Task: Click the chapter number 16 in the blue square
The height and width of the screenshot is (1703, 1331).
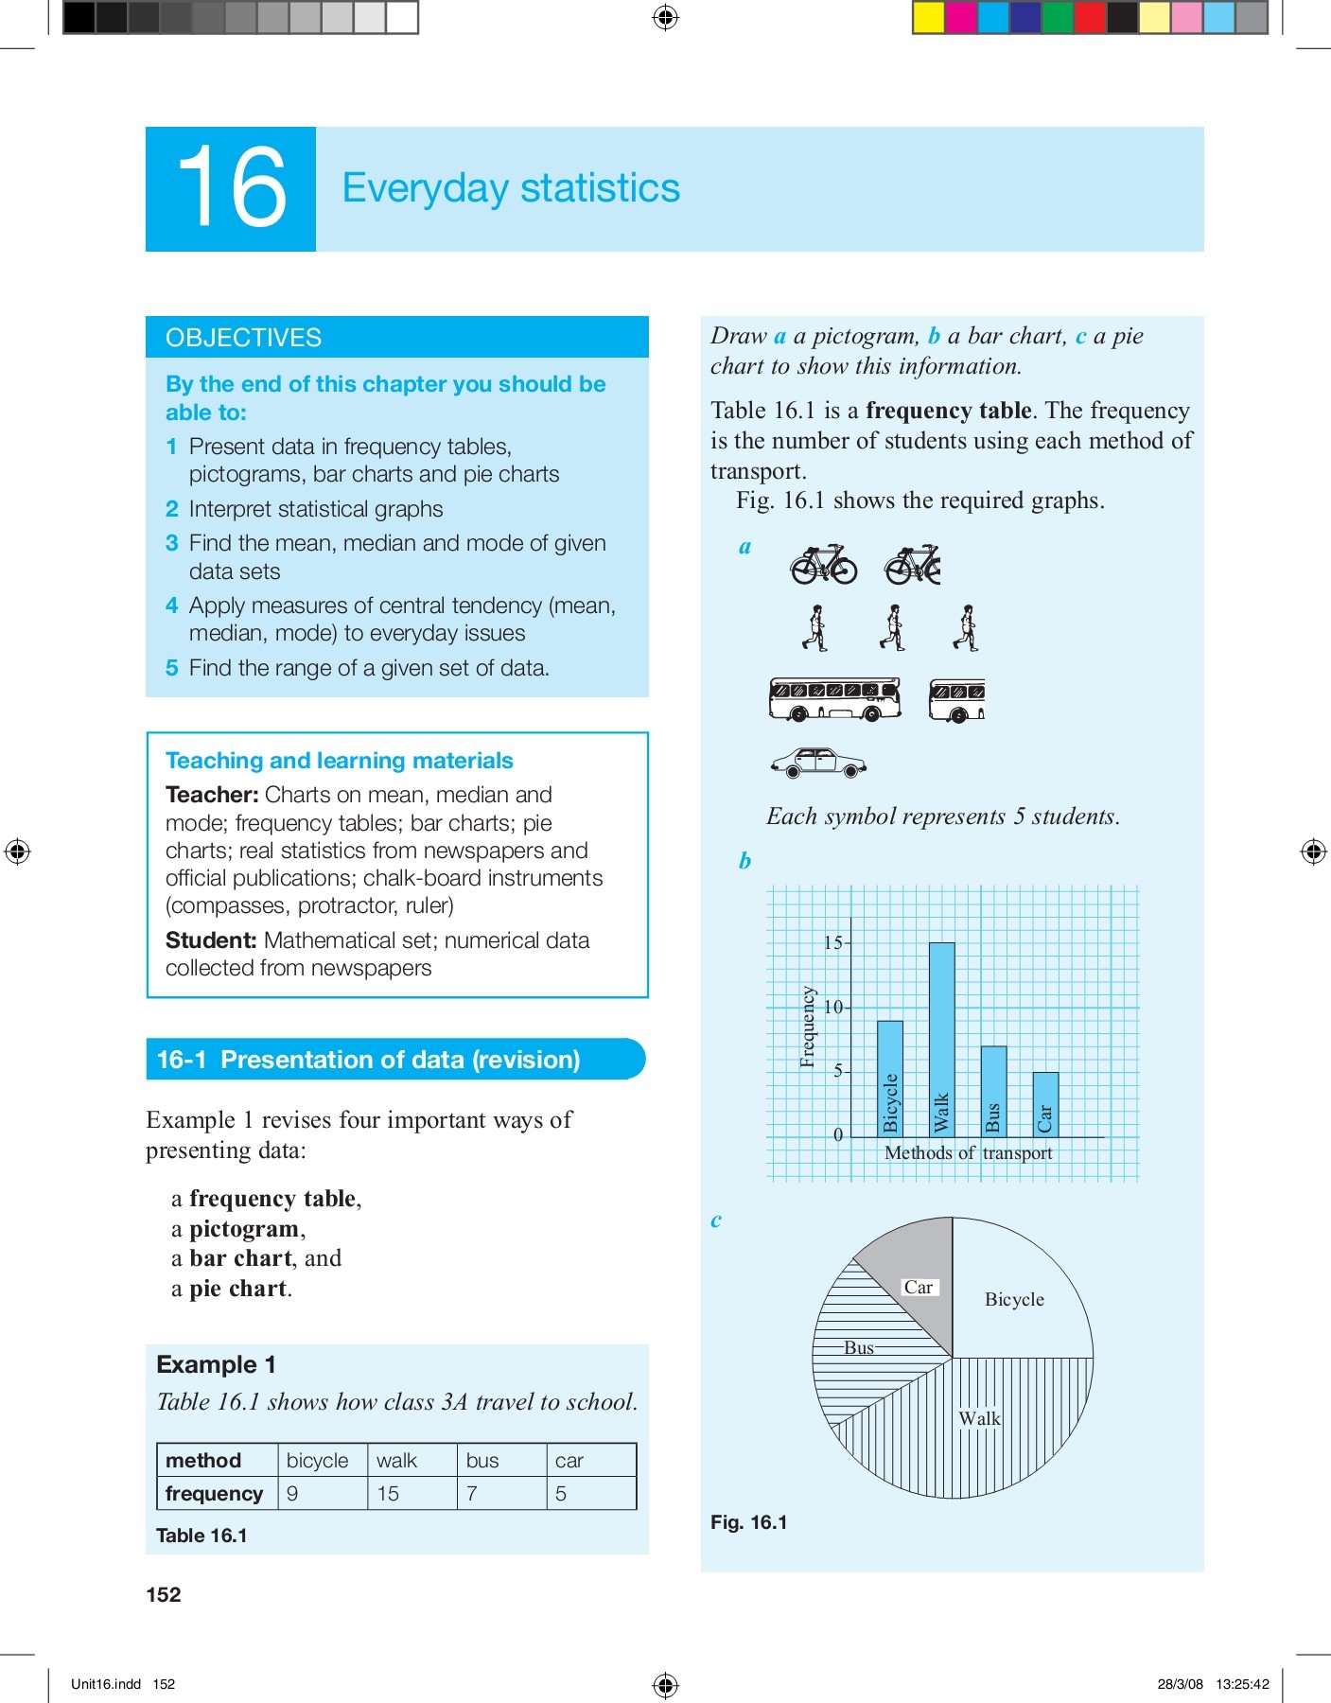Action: pos(231,188)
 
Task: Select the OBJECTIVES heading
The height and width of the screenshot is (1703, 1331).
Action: pos(243,338)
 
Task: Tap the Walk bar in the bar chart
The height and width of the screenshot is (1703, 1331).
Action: pos(941,1041)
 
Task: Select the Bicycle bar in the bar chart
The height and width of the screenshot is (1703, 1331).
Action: pos(889,1079)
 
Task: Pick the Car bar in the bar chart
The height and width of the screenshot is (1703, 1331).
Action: pos(1044,1104)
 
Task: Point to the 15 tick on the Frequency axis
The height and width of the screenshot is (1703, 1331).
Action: pos(833,942)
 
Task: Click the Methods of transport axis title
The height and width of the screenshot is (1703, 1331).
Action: pos(968,1152)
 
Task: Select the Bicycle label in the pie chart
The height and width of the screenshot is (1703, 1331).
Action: pos(1014,1299)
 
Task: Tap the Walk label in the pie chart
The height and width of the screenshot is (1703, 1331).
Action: pos(979,1418)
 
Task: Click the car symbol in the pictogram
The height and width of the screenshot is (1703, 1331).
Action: pos(818,763)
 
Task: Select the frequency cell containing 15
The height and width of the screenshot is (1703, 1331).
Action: pos(389,1493)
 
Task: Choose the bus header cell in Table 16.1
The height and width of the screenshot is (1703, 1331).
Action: pos(482,1460)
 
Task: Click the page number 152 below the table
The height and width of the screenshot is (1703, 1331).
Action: pos(164,1594)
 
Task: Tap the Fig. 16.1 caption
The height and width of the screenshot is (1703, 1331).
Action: pos(748,1522)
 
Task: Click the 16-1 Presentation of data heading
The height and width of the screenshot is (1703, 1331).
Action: pos(368,1060)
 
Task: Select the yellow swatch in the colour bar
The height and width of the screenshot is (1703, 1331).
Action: pos(929,18)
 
